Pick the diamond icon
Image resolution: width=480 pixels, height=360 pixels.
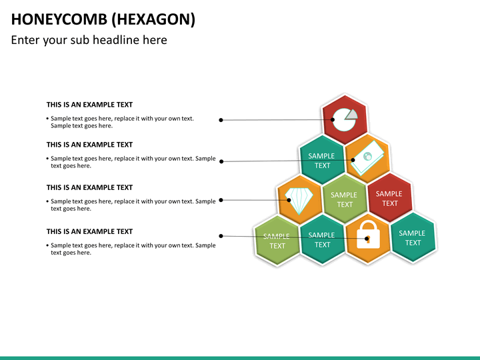click(x=298, y=198)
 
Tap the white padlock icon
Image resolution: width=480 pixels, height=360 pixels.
click(x=367, y=235)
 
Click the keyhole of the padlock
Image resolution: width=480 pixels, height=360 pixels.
click(x=367, y=239)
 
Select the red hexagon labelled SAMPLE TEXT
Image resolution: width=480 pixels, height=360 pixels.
click(x=389, y=198)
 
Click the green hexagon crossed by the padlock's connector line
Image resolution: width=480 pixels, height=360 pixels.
click(x=277, y=241)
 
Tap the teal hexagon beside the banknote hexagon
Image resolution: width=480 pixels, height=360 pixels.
click(x=322, y=160)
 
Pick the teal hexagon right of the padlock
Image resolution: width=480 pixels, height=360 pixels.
click(x=412, y=238)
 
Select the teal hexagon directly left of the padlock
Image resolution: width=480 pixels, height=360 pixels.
click(x=322, y=240)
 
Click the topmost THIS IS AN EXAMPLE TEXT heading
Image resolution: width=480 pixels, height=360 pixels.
click(x=89, y=105)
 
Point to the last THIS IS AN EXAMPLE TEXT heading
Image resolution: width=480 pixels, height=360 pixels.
click(x=89, y=231)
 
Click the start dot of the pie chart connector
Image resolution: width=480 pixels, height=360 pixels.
click(x=221, y=120)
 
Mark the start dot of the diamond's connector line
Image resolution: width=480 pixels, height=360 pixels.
click(x=221, y=199)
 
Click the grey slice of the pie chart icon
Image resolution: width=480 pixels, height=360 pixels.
click(x=351, y=114)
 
